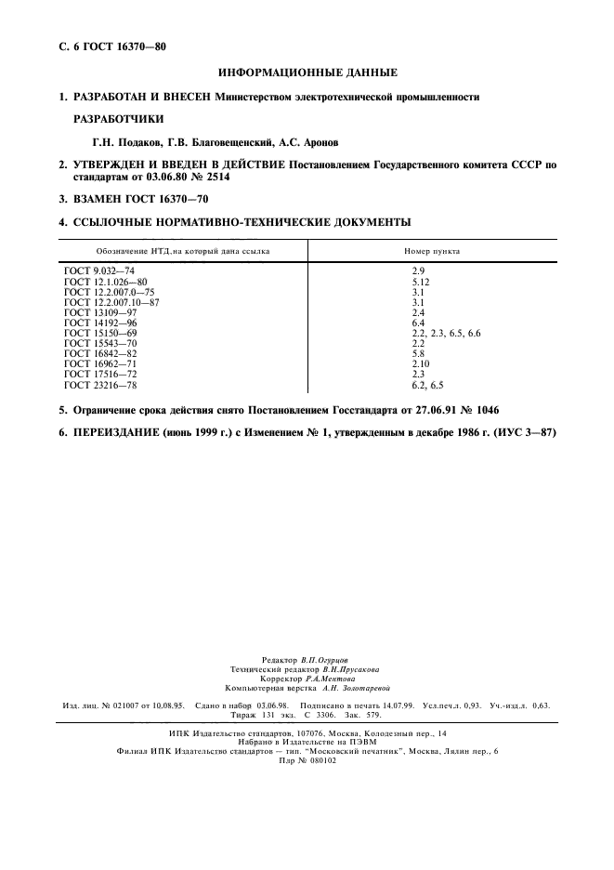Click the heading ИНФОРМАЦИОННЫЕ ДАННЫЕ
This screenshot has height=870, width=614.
[307, 72]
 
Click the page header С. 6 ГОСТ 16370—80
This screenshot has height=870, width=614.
[107, 46]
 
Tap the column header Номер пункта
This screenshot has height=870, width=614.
[431, 251]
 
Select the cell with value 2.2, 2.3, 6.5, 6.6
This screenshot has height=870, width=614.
[446, 332]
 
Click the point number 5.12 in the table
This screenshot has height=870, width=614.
[421, 281]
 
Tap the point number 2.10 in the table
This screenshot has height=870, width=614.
[421, 363]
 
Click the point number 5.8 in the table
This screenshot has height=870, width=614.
[418, 353]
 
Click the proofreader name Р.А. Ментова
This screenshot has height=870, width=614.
[329, 679]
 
